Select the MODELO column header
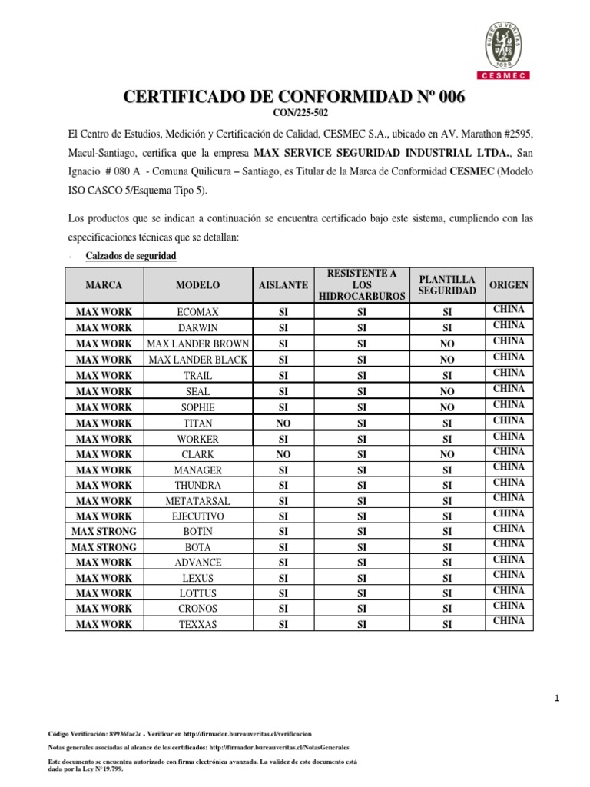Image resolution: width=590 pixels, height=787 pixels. pyautogui.click(x=197, y=285)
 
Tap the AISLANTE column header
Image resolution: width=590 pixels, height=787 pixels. pyautogui.click(x=283, y=285)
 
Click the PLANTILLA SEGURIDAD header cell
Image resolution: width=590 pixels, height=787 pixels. pyautogui.click(x=446, y=284)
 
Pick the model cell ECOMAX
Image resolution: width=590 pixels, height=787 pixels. pyautogui.click(x=197, y=312)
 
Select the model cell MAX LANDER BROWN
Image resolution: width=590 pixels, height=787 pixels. pyautogui.click(x=197, y=344)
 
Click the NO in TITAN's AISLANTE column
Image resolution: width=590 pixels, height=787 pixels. pyautogui.click(x=283, y=423)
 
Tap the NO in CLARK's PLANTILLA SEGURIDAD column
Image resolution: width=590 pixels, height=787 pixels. pyautogui.click(x=446, y=454)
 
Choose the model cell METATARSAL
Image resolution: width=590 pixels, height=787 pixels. pyautogui.click(x=197, y=501)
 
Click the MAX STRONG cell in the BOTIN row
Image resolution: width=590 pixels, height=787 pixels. pyautogui.click(x=104, y=531)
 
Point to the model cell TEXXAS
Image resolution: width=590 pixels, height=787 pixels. pyautogui.click(x=197, y=625)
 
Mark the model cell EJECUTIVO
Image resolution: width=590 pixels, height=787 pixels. pyautogui.click(x=197, y=516)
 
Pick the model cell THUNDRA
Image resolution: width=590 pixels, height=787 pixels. pyautogui.click(x=197, y=485)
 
